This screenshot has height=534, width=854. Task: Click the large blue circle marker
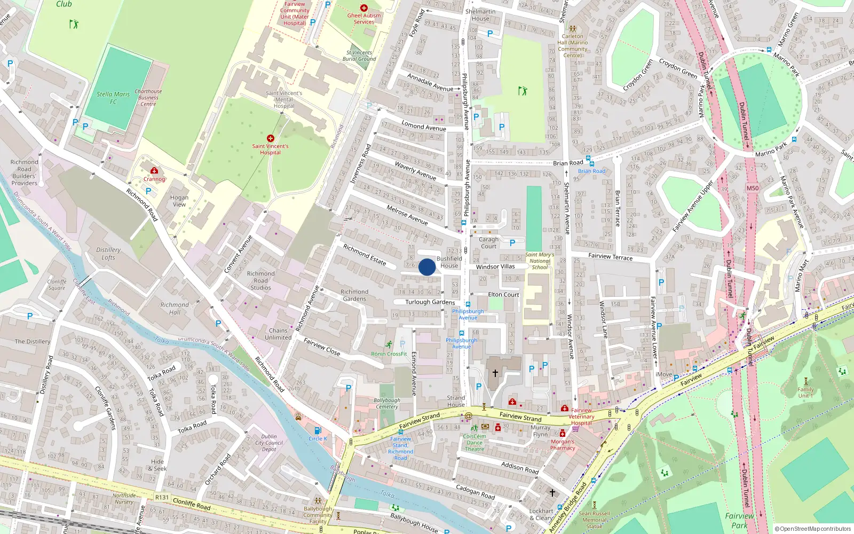click(427, 267)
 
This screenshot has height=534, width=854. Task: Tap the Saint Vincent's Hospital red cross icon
click(271, 138)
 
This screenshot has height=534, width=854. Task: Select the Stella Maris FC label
click(113, 98)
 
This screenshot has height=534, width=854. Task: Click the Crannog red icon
click(154, 171)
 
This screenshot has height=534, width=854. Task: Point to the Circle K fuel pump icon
click(318, 430)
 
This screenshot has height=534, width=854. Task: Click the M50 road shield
click(753, 188)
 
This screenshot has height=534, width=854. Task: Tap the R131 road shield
click(162, 497)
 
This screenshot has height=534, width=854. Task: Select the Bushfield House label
click(449, 262)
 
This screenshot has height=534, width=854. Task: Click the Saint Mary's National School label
click(540, 261)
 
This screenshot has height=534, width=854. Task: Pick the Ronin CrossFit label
click(389, 354)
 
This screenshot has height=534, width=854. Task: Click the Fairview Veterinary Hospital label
click(581, 417)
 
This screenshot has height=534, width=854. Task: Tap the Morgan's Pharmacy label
click(563, 445)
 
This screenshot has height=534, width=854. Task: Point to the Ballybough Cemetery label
click(387, 403)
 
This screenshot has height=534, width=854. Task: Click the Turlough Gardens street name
click(430, 302)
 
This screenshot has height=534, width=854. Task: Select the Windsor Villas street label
click(495, 266)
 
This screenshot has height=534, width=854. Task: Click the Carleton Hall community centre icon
click(573, 29)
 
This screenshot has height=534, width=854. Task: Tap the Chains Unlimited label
click(278, 334)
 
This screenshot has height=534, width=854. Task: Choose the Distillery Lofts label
click(108, 254)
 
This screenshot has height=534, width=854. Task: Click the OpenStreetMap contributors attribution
click(813, 529)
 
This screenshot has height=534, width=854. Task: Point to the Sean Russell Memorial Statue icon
click(595, 505)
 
